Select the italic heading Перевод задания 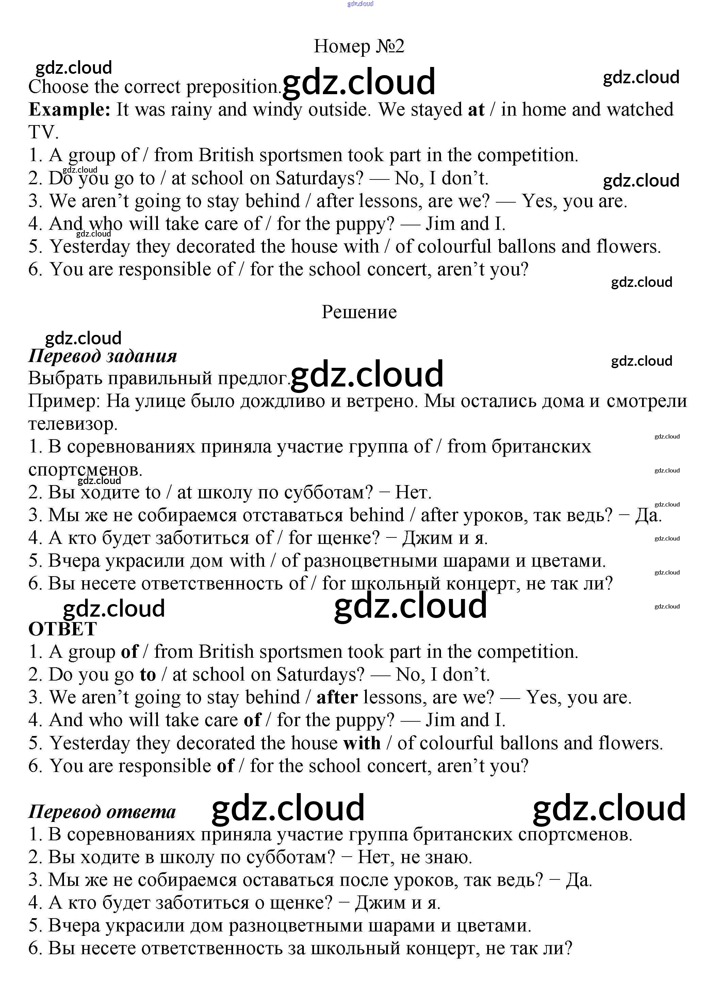[x=102, y=356]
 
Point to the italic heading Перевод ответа [x=102, y=812]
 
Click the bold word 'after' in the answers [x=337, y=697]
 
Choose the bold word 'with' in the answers [x=362, y=743]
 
